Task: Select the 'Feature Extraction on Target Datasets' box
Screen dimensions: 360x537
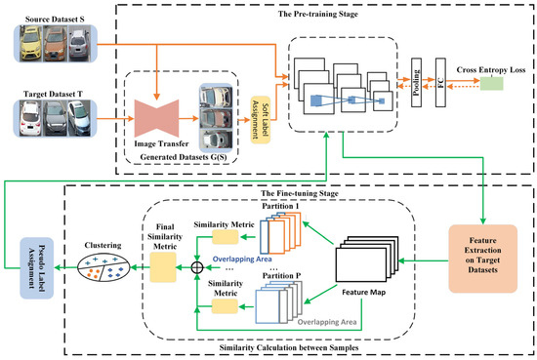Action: tap(481, 247)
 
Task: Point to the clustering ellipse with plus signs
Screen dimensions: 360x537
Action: tap(101, 266)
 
